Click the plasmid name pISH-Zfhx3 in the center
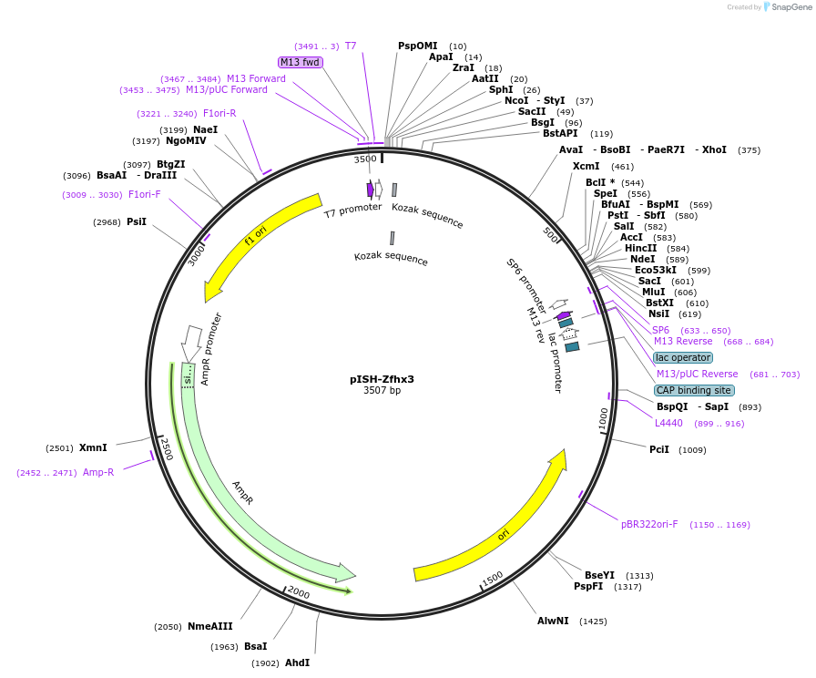point(382,379)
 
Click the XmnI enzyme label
point(93,447)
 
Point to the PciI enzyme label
point(659,449)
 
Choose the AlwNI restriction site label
point(553,621)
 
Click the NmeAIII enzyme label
point(210,626)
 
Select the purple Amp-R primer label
point(98,472)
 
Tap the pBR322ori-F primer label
point(649,524)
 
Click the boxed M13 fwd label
point(301,62)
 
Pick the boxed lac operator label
point(683,357)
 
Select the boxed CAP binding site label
point(694,390)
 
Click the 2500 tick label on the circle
point(166,448)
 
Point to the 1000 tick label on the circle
point(603,419)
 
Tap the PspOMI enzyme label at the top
point(418,46)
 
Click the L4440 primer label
point(668,423)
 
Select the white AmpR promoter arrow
point(191,343)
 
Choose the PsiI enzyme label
point(137,221)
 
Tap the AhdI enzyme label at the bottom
point(298,663)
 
